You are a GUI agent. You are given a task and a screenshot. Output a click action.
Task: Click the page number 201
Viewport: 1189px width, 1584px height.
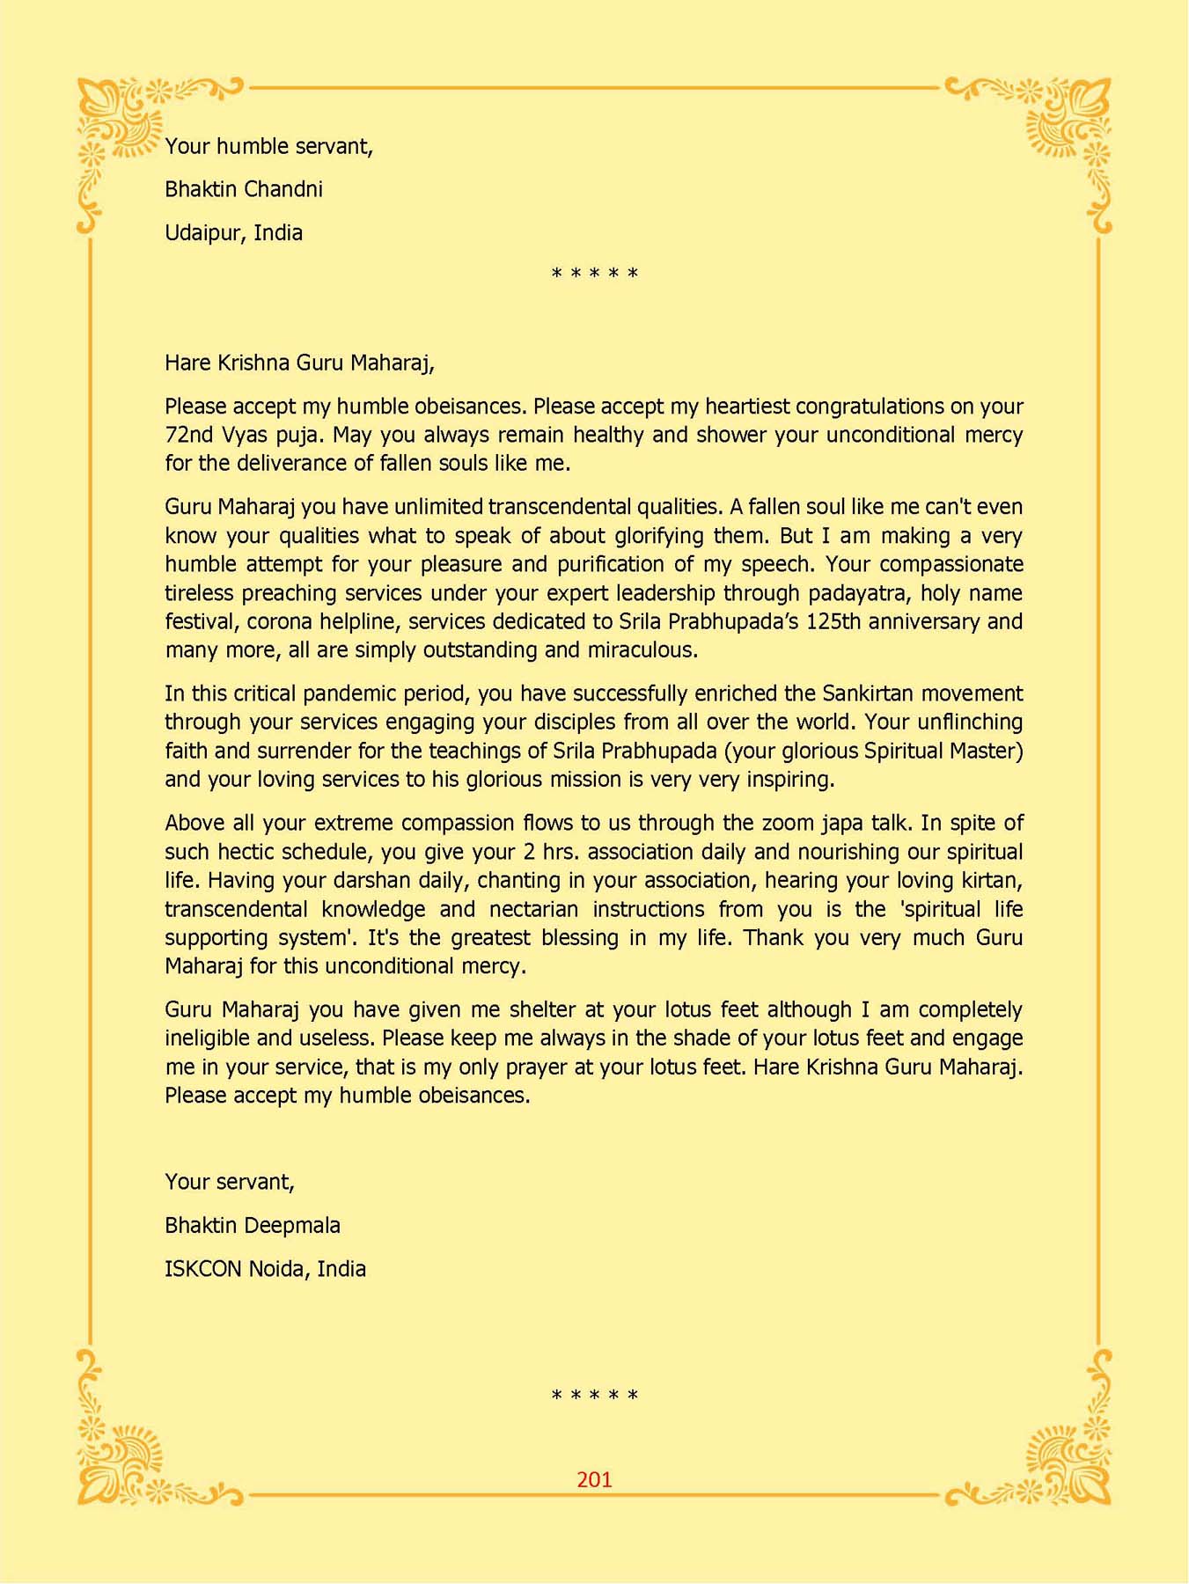click(594, 1479)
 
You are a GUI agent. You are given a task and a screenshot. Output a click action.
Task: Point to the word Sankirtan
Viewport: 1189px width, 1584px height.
click(869, 693)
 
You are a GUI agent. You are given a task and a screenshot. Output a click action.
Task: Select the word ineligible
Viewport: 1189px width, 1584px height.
click(207, 1038)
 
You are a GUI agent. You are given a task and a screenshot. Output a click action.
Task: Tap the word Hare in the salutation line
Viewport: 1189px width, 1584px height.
click(187, 363)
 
